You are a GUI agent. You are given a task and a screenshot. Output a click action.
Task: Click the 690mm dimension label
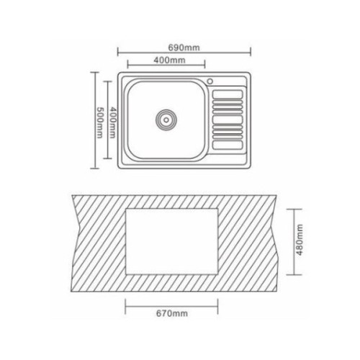[184, 48]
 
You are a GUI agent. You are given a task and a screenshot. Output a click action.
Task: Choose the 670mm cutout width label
[170, 314]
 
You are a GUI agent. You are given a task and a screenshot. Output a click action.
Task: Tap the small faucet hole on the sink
[210, 80]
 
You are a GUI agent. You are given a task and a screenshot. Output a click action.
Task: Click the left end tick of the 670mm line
[125, 307]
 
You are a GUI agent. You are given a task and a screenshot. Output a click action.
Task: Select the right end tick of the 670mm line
[216, 307]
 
